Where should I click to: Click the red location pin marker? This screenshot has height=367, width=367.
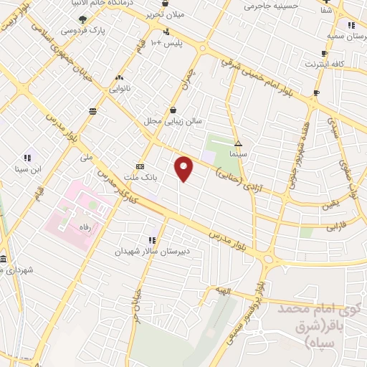pyautogui.click(x=185, y=168)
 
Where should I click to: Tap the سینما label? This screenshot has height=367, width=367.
pyautogui.click(x=239, y=153)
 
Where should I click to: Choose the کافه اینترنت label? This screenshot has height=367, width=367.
pyautogui.click(x=327, y=64)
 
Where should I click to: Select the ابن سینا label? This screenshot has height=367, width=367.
pyautogui.click(x=28, y=169)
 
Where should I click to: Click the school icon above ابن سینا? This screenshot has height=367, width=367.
pyautogui.click(x=28, y=158)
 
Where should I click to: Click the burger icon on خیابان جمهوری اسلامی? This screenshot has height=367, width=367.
pyautogui.click(x=92, y=110)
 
